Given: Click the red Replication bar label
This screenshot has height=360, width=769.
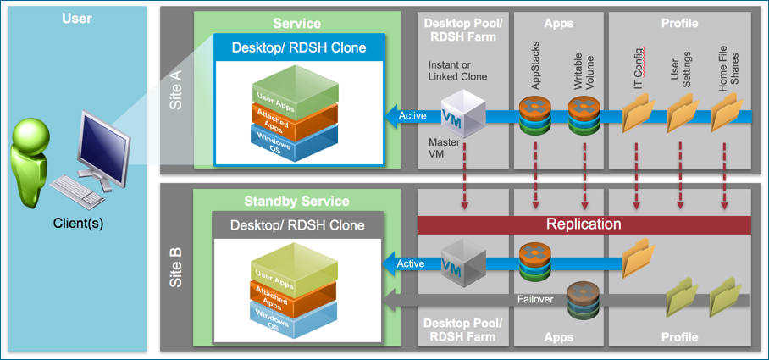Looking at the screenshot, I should coord(584,224).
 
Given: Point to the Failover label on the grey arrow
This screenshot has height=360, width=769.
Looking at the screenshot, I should coord(535,299).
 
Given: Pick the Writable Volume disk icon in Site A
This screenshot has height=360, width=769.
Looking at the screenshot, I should coord(584,115).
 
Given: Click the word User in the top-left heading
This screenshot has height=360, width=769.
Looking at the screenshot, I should coord(76,18).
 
